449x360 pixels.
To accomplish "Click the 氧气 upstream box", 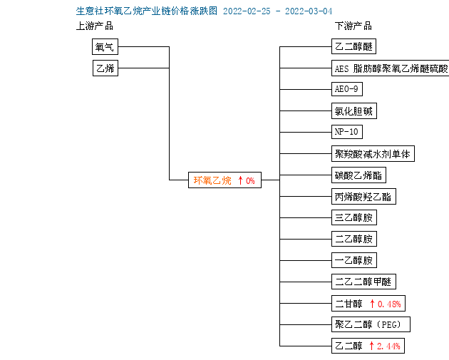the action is (105, 46).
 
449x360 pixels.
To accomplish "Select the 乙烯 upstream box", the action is (105, 68).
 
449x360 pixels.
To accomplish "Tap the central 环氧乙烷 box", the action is (224, 180).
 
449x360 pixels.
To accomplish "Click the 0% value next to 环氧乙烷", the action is (250, 181).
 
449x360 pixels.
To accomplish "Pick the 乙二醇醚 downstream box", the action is (353, 46).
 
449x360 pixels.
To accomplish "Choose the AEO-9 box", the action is (347, 89).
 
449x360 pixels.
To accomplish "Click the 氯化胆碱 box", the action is (354, 110).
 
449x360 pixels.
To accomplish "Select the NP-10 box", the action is (347, 132).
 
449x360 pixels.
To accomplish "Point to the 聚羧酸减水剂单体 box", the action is (373, 154).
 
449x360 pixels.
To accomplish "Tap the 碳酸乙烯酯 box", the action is (358, 175).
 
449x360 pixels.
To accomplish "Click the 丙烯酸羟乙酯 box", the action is (363, 197).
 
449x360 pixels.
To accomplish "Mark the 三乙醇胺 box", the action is (354, 217).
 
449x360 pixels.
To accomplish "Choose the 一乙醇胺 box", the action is (354, 260).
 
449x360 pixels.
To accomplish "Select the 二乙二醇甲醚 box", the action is (363, 282).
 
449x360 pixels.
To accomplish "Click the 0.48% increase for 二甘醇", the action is (389, 304).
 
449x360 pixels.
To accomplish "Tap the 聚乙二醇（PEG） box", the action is (371, 324).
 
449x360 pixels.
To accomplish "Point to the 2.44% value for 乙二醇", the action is (388, 346).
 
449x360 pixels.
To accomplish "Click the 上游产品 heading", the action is (95, 26).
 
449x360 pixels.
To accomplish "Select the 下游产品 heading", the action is (353, 26).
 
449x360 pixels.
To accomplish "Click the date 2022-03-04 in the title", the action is (309, 11).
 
